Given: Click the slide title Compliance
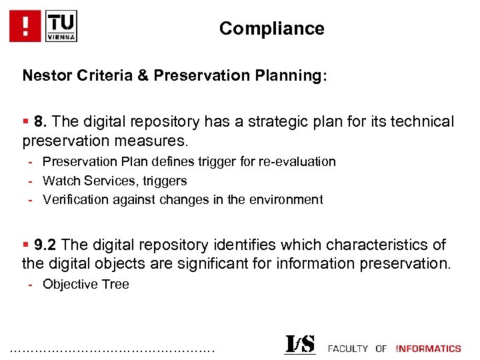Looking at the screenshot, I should click(x=271, y=29).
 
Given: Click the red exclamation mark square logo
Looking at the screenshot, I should click(x=26, y=26).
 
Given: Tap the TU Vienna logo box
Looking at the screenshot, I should click(x=61, y=26).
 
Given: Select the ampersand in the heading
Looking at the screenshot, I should click(x=143, y=75).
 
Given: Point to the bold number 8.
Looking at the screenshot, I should click(x=41, y=122).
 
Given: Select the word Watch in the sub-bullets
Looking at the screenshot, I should click(x=59, y=181).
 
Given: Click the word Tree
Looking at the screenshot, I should click(x=115, y=285).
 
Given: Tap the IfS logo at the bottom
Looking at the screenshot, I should click(x=300, y=345).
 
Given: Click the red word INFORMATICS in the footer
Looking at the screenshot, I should click(x=428, y=349).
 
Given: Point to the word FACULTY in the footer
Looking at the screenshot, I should click(x=347, y=349).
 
